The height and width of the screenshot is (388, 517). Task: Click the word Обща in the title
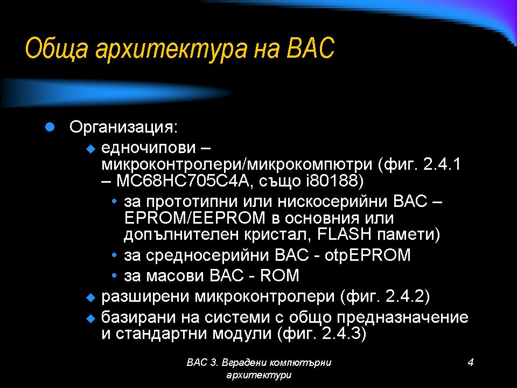coord(57,48)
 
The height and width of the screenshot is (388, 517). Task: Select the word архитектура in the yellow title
coord(171,49)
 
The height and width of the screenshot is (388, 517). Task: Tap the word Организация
coord(123,128)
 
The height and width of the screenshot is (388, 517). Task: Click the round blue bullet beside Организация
coord(50,127)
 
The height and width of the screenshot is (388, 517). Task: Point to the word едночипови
coord(149,148)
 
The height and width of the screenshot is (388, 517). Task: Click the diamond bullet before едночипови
coord(90,149)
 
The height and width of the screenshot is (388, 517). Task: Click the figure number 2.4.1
coord(442,164)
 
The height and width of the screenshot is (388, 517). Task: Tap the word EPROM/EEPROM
coord(195,218)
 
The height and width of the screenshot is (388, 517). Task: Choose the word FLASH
coord(344,234)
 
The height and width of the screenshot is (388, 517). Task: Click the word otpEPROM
coord(367,255)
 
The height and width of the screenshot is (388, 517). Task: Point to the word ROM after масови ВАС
coord(280,275)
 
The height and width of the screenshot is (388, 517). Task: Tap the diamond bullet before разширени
coord(90,297)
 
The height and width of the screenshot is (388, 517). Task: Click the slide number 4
coord(471,362)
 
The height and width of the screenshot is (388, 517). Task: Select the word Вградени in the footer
coord(244,363)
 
